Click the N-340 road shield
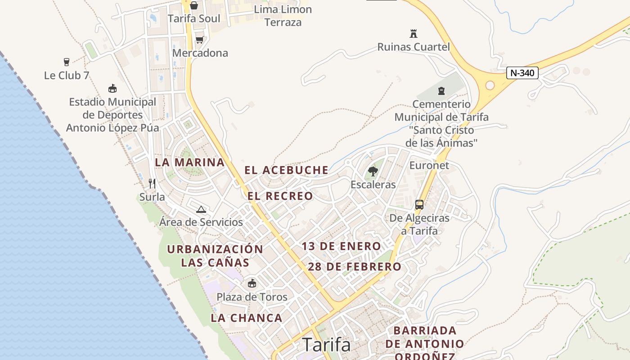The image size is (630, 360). (522, 73)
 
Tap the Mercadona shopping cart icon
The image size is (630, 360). (199, 40)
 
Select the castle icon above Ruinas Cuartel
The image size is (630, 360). (414, 33)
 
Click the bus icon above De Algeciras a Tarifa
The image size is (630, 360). (419, 205)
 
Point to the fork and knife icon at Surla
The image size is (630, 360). (152, 183)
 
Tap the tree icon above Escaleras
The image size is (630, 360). (373, 171)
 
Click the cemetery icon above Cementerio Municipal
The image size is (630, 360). (441, 91)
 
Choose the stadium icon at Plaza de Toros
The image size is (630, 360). (252, 283)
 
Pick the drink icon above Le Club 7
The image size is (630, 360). (67, 62)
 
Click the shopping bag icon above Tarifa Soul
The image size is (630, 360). (194, 5)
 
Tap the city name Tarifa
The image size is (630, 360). (326, 345)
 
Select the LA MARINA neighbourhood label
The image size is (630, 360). (189, 162)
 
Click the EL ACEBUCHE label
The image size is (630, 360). (286, 170)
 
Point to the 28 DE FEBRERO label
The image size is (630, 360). (355, 266)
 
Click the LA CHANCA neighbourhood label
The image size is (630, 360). (247, 318)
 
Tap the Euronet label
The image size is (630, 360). (429, 165)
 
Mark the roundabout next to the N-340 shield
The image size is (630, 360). (490, 85)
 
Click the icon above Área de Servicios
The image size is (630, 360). (201, 209)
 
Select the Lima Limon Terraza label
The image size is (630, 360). (283, 15)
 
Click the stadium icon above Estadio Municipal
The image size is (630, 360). (112, 89)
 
